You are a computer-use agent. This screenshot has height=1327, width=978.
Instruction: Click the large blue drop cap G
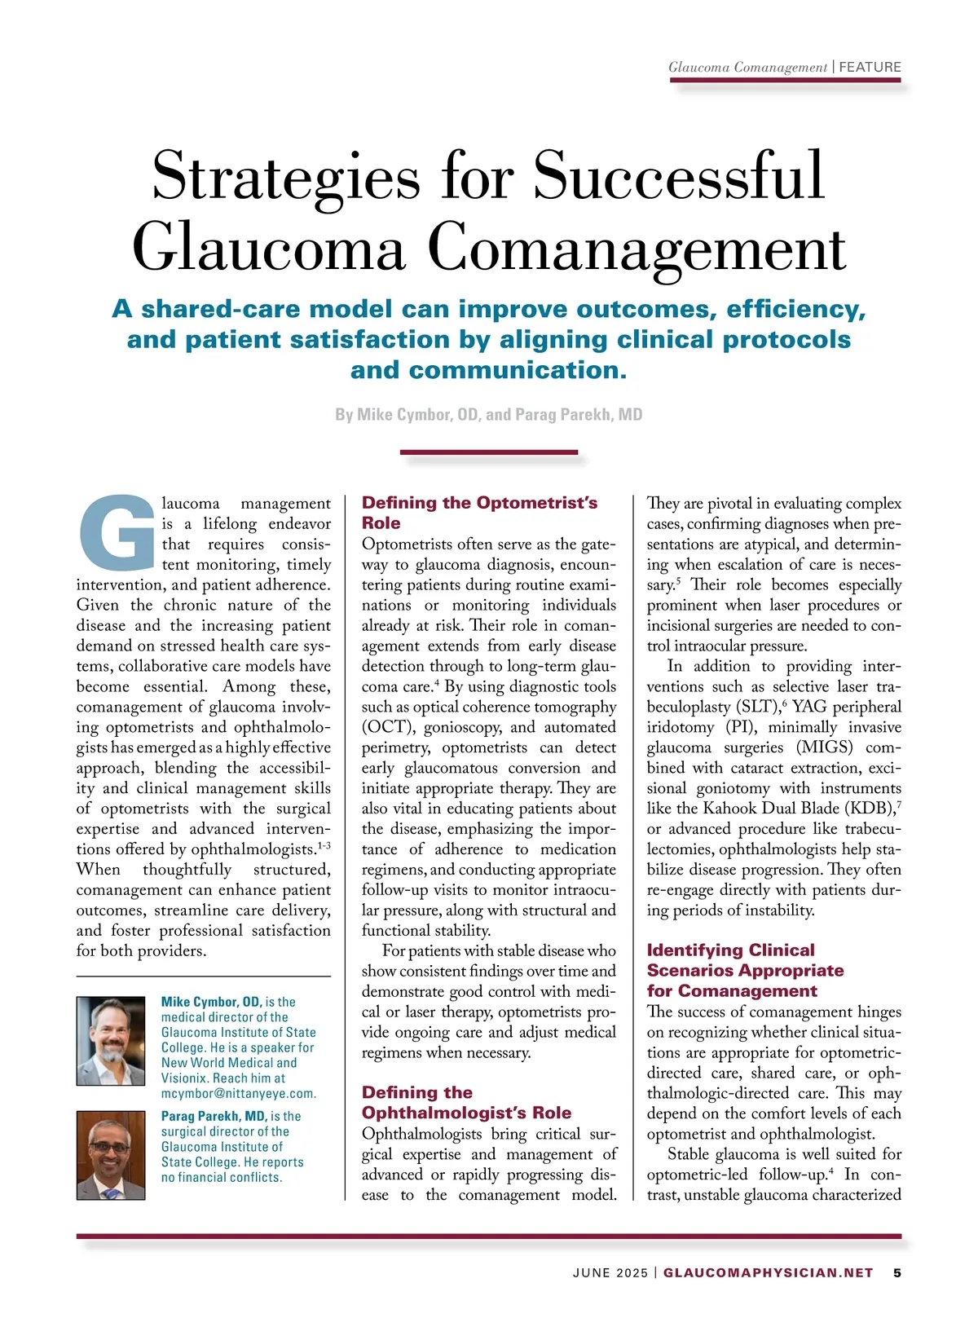[x=117, y=533]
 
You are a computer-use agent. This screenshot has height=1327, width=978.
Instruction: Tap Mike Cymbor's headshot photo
[x=111, y=1040]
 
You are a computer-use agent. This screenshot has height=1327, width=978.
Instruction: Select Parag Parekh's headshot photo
[x=111, y=1155]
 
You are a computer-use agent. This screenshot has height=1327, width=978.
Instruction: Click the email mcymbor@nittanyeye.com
[x=238, y=1093]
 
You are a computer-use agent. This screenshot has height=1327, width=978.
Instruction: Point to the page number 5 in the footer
[x=897, y=1272]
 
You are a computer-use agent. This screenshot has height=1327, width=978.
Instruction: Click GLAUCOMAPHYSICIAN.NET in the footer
[x=768, y=1272]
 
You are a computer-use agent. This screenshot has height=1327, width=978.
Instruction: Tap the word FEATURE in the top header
[x=870, y=67]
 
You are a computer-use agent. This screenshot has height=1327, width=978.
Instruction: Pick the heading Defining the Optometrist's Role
[x=479, y=512]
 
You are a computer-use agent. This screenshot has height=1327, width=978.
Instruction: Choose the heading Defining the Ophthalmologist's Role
[x=466, y=1102]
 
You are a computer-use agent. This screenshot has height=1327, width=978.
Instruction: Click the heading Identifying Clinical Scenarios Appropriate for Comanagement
[x=745, y=970]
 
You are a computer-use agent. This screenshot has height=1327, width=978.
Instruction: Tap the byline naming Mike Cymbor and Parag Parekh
[x=489, y=414]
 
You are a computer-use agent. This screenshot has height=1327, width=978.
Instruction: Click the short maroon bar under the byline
[x=489, y=452]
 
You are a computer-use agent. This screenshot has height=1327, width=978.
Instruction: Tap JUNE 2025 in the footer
[x=610, y=1272]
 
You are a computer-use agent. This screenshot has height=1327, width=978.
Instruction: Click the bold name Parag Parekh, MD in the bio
[x=214, y=1116]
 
